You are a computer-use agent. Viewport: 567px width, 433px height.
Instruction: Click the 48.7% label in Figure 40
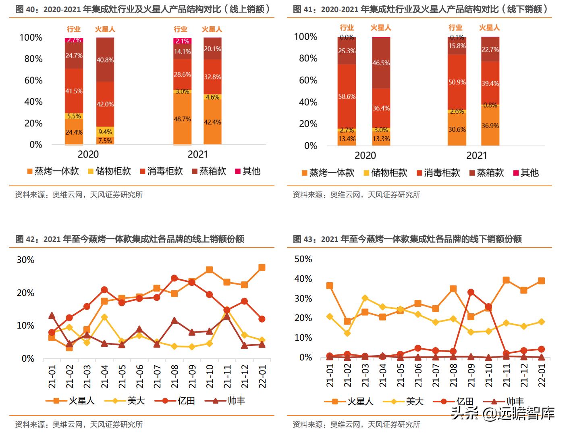[182, 119]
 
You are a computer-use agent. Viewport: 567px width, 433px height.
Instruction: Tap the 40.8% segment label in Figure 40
[105, 60]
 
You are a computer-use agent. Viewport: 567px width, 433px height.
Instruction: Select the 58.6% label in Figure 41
[347, 97]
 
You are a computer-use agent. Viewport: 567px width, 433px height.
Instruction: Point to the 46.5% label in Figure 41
[381, 63]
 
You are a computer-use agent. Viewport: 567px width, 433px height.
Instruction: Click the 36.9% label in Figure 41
[490, 126]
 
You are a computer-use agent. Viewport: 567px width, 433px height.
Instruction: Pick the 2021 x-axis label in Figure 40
[197, 154]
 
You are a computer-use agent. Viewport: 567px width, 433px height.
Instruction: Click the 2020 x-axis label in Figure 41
[365, 156]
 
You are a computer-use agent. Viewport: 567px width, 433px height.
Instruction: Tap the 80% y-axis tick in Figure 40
[33, 59]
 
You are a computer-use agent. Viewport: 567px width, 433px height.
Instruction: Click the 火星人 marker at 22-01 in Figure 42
[262, 267]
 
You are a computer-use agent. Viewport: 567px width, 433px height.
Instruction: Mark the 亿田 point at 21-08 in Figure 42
[174, 278]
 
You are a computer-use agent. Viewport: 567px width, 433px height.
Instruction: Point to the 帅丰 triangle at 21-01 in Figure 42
[52, 315]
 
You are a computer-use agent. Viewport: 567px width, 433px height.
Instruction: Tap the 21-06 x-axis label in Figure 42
[139, 377]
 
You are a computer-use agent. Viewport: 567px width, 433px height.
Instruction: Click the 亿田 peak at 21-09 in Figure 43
[471, 292]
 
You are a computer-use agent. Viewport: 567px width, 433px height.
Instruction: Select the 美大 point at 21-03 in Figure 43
[365, 298]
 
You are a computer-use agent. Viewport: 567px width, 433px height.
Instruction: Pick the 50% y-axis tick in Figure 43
[303, 259]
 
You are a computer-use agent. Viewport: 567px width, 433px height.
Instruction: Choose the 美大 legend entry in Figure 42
[129, 401]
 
